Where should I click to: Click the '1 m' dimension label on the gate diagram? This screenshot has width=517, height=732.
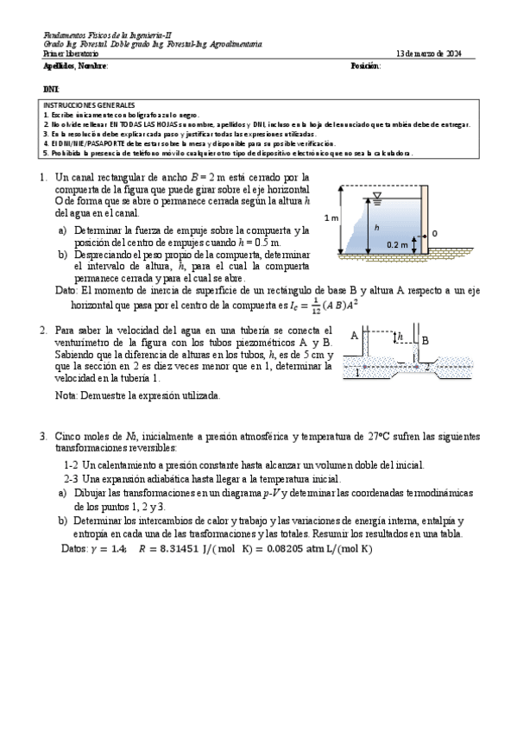tap(331, 218)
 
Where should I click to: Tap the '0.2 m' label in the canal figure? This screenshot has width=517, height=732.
tap(397, 244)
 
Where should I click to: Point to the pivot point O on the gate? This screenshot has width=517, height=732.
tap(434, 233)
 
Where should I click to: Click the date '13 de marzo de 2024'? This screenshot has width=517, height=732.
tap(429, 54)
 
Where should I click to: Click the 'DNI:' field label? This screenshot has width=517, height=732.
tap(51, 89)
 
